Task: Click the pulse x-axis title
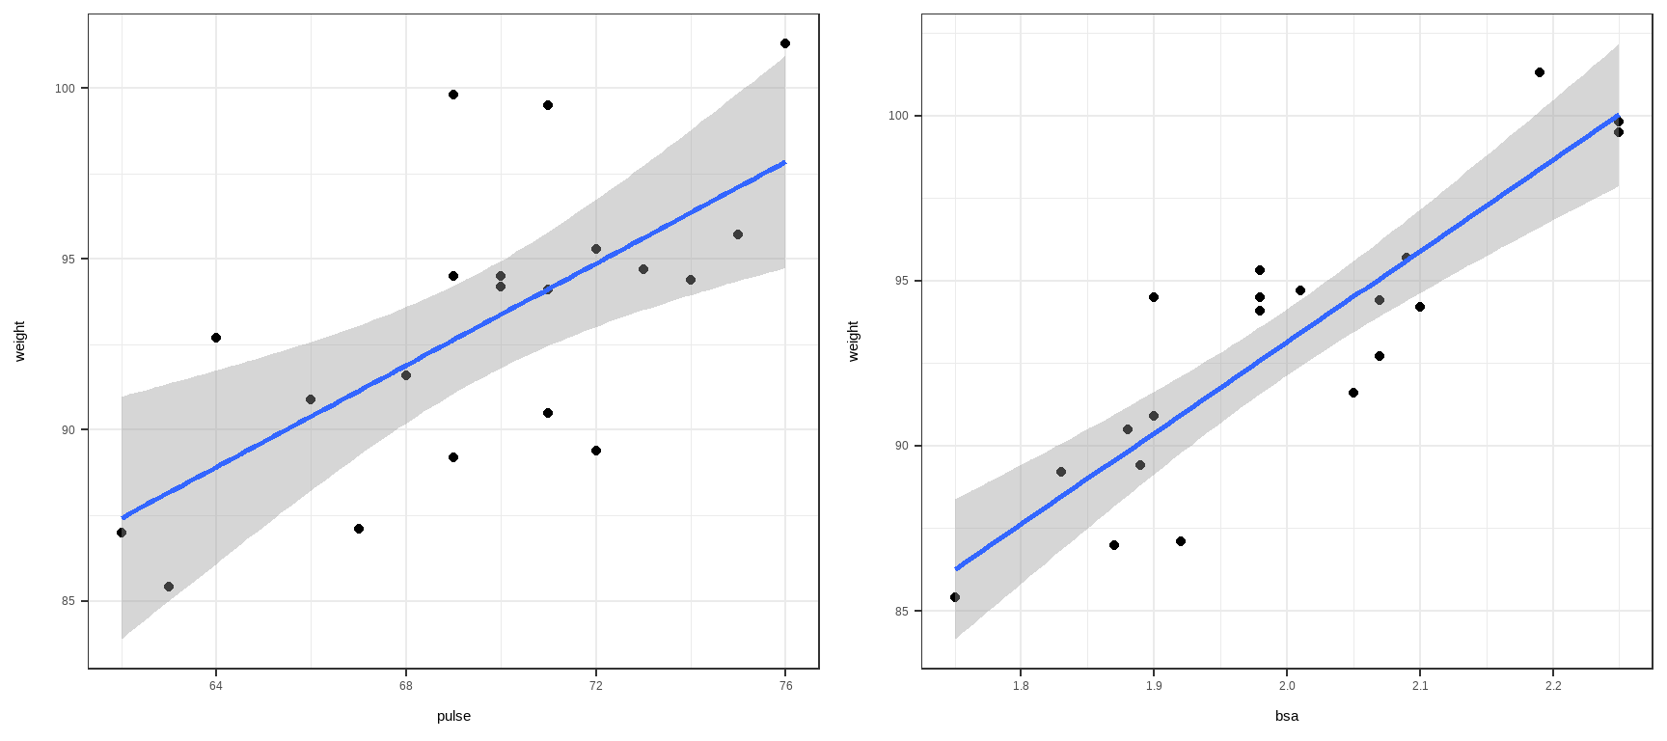(x=453, y=716)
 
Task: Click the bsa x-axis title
(x=1287, y=716)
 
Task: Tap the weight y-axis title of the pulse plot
(x=20, y=342)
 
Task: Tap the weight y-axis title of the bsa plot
(x=853, y=342)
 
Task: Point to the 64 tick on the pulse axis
(x=216, y=686)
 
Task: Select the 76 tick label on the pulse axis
(x=785, y=686)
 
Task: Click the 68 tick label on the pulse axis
(x=406, y=686)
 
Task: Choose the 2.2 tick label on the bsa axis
(x=1553, y=686)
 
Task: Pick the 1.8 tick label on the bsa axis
(x=1021, y=686)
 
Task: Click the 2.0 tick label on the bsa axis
(x=1287, y=686)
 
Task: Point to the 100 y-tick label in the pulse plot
(x=65, y=89)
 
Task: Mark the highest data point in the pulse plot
(x=785, y=43)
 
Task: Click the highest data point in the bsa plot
(x=1540, y=72)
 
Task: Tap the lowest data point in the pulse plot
(x=169, y=587)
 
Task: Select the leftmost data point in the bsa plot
(x=955, y=597)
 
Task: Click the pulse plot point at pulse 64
(x=216, y=338)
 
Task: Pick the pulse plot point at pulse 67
(x=359, y=529)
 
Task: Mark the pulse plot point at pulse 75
(x=738, y=234)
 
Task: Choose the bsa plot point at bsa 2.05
(x=1353, y=393)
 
